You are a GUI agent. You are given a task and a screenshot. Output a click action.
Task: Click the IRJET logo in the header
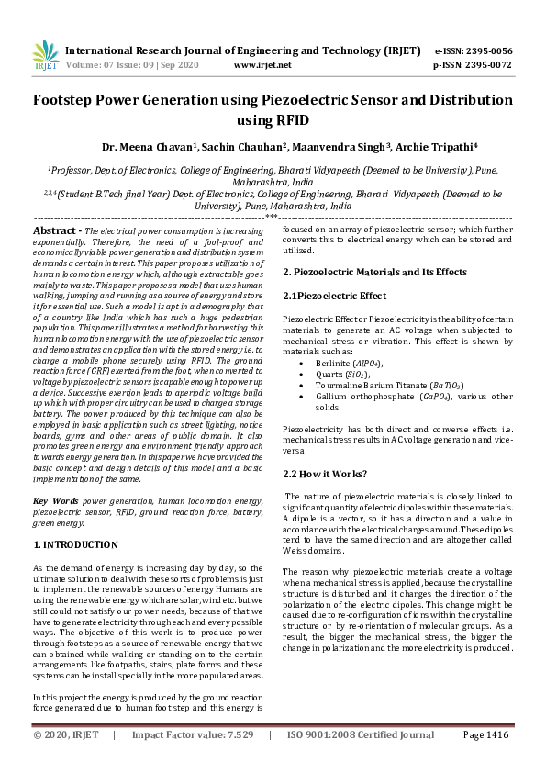[45, 57]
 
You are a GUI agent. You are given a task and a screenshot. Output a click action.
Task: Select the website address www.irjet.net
[262, 65]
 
